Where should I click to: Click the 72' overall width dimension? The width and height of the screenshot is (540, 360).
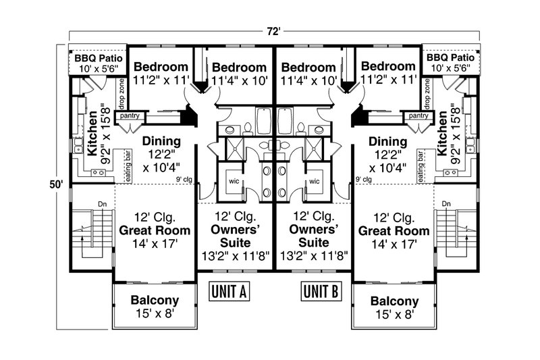275,31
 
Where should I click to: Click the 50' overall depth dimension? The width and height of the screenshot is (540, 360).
56,184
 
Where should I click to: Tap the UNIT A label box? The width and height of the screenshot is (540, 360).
229,292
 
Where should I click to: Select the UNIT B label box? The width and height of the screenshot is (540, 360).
321,292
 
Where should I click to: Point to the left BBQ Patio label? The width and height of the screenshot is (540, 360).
98,58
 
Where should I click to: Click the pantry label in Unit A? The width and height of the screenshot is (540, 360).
130,115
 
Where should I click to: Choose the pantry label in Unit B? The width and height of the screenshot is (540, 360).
418,115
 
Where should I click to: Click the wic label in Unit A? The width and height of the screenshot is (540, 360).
234,181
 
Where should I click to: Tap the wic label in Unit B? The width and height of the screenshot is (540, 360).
315,181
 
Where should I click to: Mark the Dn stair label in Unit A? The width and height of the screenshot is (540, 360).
103,204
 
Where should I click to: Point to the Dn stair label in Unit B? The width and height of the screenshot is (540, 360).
446,204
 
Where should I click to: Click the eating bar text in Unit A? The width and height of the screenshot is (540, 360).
128,166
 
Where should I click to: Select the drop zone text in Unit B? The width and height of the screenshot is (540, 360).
427,92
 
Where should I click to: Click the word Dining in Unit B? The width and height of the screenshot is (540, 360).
387,142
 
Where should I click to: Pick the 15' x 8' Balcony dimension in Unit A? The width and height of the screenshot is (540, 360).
155,313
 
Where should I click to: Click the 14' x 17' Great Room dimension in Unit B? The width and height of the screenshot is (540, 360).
394,245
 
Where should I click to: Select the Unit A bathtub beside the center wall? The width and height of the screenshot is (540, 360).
264,121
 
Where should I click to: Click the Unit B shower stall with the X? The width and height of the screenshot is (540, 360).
314,149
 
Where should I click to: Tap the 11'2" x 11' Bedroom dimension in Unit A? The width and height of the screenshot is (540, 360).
161,80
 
